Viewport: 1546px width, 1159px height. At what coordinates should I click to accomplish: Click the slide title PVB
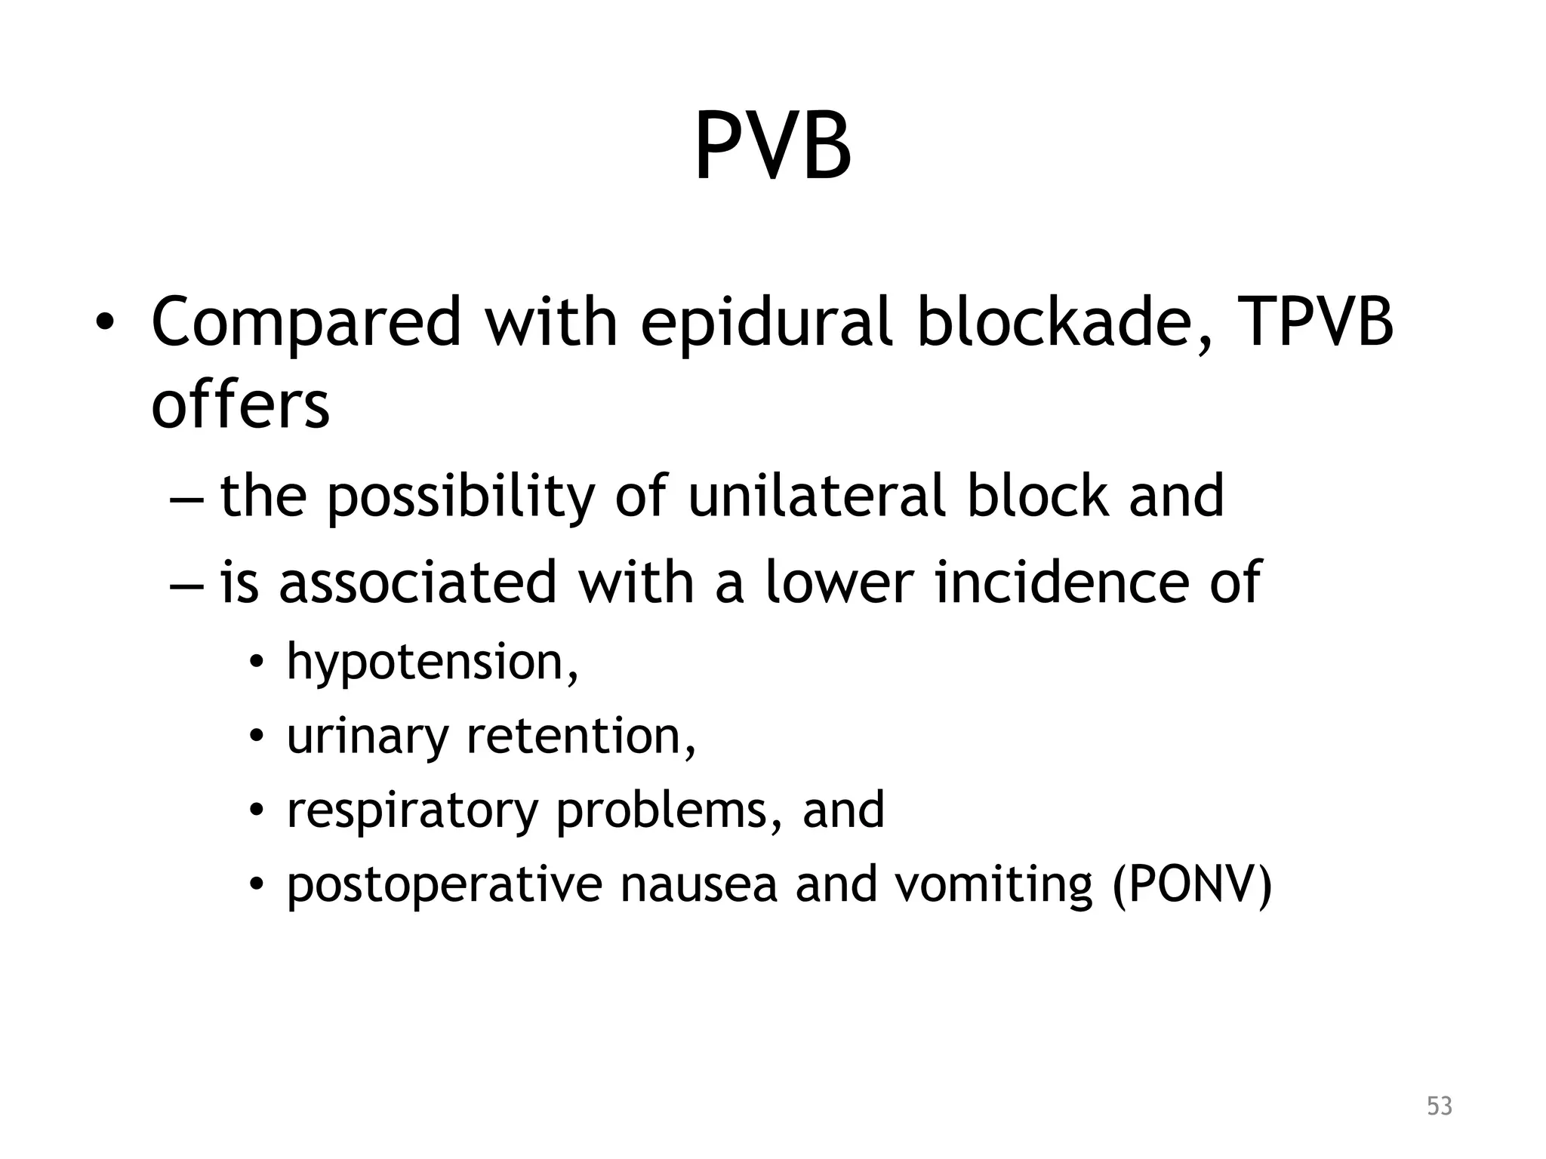tap(773, 147)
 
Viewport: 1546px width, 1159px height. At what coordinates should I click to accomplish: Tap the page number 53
tap(1440, 1106)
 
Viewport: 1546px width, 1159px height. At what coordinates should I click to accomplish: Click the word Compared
tap(306, 323)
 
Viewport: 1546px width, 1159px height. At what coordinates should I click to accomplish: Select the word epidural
tap(767, 323)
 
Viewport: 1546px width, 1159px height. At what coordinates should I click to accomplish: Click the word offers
tap(240, 405)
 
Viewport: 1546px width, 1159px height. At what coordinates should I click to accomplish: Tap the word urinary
tap(368, 736)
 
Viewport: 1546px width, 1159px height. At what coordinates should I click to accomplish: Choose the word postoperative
tap(444, 885)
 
